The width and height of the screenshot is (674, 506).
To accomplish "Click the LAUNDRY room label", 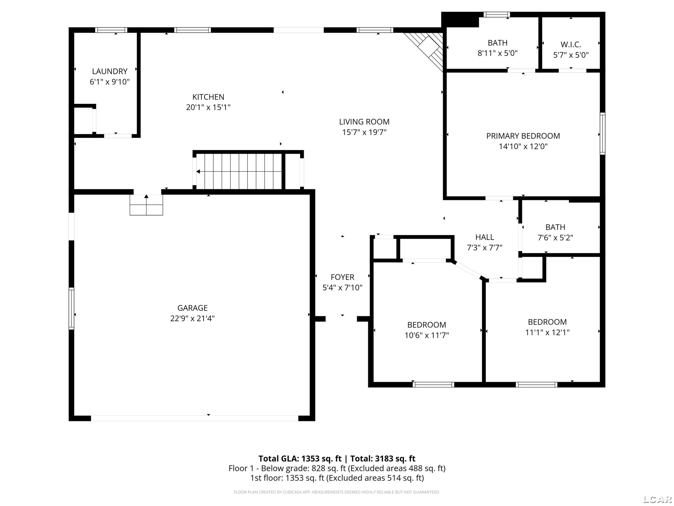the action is [x=110, y=71].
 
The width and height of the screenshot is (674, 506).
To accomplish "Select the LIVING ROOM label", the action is [x=364, y=122].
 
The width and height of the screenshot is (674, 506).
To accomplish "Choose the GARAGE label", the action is [x=193, y=308].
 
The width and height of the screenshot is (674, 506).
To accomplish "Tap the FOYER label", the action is [x=342, y=277].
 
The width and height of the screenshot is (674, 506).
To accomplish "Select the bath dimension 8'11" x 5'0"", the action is [x=498, y=53].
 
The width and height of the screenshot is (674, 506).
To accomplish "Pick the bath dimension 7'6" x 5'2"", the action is [x=555, y=238].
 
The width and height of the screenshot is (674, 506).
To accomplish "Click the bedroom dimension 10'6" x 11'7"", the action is [x=427, y=335].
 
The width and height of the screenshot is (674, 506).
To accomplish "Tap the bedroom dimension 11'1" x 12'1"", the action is [x=547, y=332].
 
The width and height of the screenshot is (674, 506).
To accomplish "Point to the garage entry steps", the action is [x=146, y=205].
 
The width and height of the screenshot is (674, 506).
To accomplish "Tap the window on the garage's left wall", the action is [x=71, y=308].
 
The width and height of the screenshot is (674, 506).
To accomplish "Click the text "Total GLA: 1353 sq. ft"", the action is [x=300, y=459].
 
